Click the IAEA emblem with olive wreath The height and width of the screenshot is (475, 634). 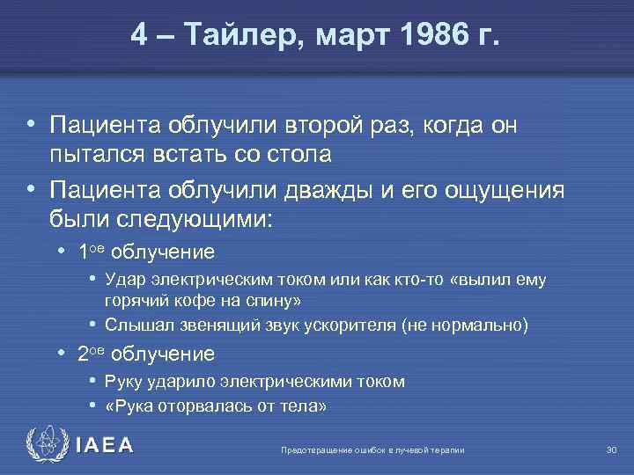43,445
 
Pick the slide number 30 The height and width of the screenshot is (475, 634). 611,450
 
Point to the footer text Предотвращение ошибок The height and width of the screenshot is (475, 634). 317,450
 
